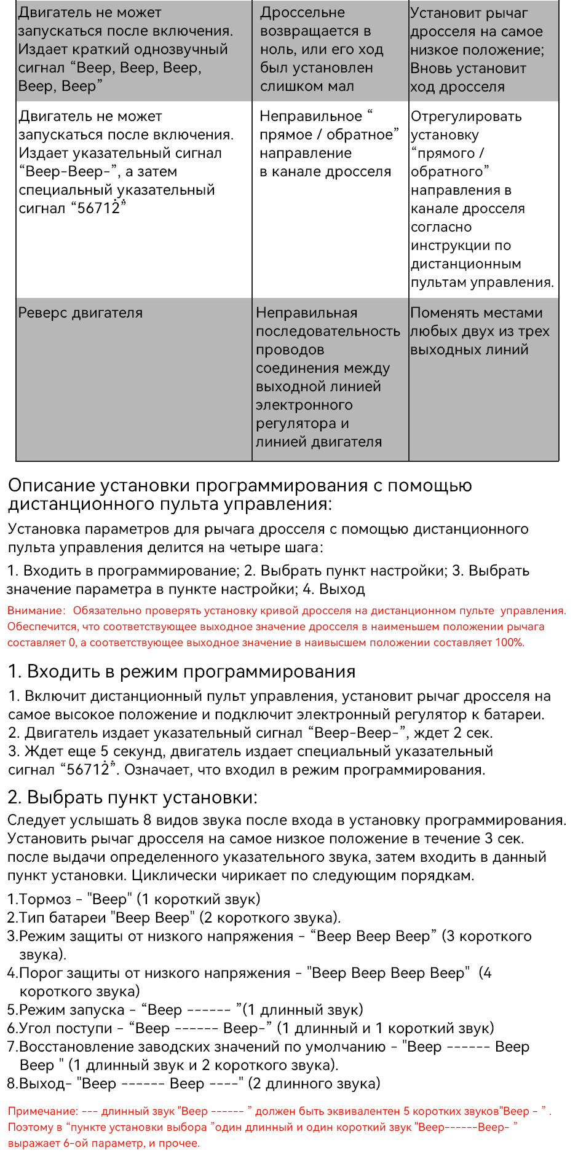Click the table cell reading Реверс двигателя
point(81,313)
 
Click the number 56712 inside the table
point(98,208)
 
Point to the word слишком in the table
point(291,86)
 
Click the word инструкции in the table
point(451,246)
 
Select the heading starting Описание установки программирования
point(240,494)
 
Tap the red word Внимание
point(35,611)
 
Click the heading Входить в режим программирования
point(191,671)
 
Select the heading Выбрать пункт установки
point(141,797)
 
